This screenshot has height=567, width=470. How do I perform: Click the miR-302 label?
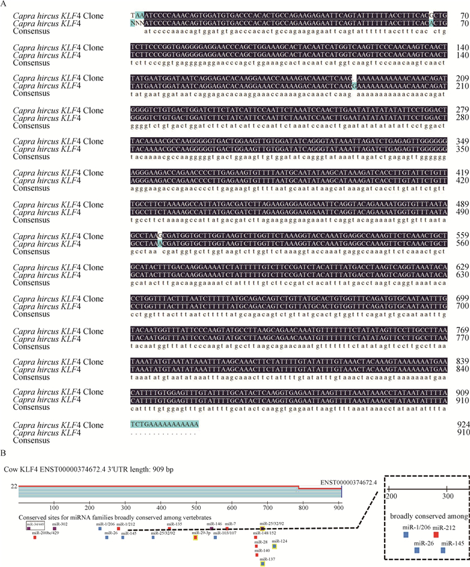pyautogui.click(x=60, y=541)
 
